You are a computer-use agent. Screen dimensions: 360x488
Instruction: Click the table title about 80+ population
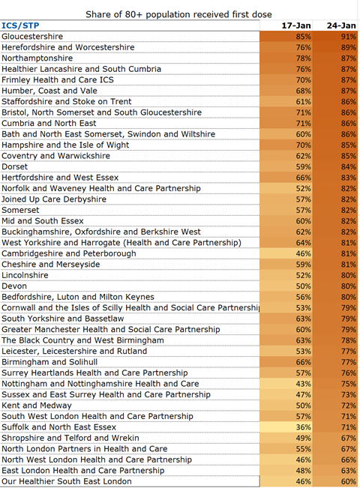tap(178, 14)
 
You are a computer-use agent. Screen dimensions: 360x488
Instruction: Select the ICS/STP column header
tap(20, 25)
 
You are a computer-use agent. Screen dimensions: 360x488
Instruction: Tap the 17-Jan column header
tap(296, 25)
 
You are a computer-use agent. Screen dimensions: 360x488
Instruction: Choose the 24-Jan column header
tap(341, 25)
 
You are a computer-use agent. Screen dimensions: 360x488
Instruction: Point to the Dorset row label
tap(15, 166)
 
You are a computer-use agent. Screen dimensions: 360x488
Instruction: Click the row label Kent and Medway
tap(37, 406)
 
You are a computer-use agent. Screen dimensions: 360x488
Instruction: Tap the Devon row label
tap(14, 286)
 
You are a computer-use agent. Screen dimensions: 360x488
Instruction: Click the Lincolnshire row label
tap(25, 275)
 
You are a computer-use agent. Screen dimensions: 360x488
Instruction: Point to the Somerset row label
tap(20, 210)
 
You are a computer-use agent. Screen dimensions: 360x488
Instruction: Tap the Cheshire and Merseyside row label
tap(51, 264)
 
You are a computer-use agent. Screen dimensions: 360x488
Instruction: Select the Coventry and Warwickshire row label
tap(56, 156)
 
